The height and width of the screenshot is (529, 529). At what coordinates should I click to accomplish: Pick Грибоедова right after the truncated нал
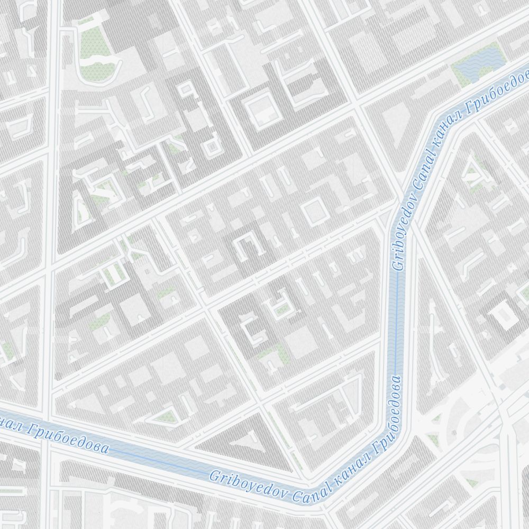pyautogui.click(x=69, y=439)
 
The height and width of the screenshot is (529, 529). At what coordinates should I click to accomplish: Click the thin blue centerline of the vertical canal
pyautogui.click(x=396, y=317)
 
